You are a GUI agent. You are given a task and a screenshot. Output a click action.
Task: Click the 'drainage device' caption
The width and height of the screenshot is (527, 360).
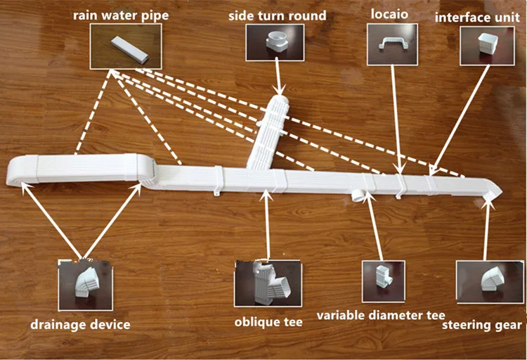(x=80, y=324)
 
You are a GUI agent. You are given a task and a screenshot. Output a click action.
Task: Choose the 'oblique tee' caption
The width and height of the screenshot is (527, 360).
(x=268, y=322)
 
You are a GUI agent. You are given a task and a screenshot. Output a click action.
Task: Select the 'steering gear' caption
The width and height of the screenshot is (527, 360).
(x=482, y=324)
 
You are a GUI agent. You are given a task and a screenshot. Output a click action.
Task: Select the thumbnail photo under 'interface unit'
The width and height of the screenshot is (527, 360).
(x=483, y=44)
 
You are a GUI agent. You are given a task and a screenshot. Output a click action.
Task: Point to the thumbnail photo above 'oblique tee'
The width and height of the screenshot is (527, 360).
(x=263, y=283)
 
